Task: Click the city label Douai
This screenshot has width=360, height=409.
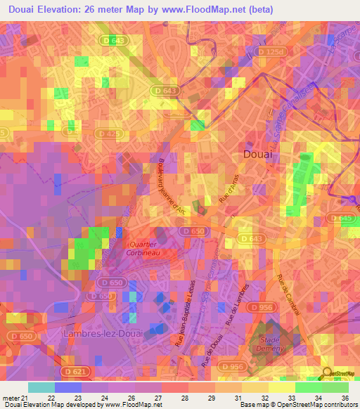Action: [257, 153]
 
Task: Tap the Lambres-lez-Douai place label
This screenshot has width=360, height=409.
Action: [99, 332]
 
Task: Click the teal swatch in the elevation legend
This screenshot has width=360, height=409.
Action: [41, 387]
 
